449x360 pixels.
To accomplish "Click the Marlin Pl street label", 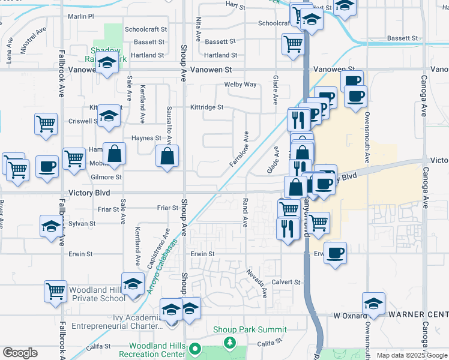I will click(81, 16).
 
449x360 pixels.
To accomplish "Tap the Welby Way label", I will click(240, 85).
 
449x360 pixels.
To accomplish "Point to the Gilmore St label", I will click(106, 177).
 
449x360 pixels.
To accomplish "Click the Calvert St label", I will click(285, 281).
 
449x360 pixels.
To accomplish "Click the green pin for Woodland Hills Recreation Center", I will click(194, 349).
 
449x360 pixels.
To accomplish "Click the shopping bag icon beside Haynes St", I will click(114, 154).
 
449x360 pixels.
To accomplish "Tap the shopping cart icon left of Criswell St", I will click(46, 124).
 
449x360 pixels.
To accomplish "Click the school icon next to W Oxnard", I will click(373, 304).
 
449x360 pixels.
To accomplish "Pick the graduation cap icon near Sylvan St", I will click(51, 227).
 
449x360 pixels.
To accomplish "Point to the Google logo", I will click(20, 353).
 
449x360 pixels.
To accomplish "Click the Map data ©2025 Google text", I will click(411, 355).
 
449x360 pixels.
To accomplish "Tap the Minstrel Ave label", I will click(34, 41).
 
